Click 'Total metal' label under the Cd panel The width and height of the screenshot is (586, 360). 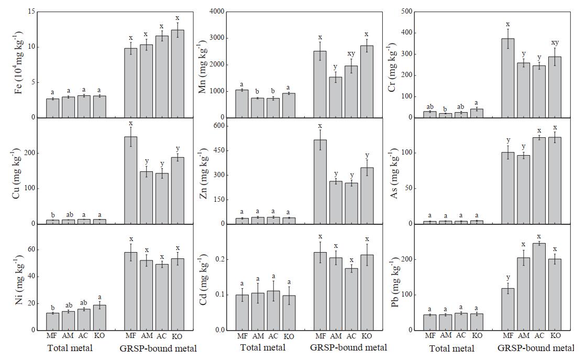point(263,347)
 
